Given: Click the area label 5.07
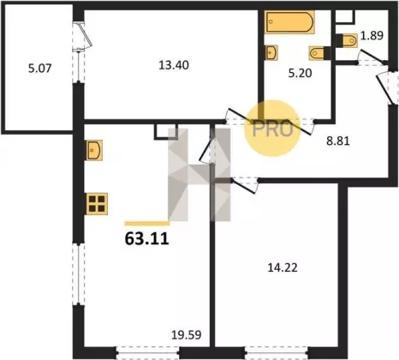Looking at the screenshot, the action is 40,69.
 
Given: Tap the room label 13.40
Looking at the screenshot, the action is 174,65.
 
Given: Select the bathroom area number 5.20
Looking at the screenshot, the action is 300,73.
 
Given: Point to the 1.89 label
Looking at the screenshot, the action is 372,36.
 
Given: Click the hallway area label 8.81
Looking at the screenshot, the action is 338,141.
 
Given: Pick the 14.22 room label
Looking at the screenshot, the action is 283,267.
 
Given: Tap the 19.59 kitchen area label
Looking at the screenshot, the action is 187,335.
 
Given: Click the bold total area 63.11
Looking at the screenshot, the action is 147,239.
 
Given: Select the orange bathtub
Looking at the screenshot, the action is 289,22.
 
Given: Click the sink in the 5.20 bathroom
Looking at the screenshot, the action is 271,52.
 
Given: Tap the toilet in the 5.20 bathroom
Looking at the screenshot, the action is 319,53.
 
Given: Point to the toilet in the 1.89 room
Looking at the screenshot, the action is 347,40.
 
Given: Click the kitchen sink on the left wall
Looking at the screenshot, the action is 94,150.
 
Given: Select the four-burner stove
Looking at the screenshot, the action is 97,204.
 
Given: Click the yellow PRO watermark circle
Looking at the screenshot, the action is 272,129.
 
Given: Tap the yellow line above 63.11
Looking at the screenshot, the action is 147,224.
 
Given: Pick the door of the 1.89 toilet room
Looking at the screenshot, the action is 372,57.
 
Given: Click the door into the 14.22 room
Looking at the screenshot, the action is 245,186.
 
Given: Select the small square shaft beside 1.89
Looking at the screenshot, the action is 345,16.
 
